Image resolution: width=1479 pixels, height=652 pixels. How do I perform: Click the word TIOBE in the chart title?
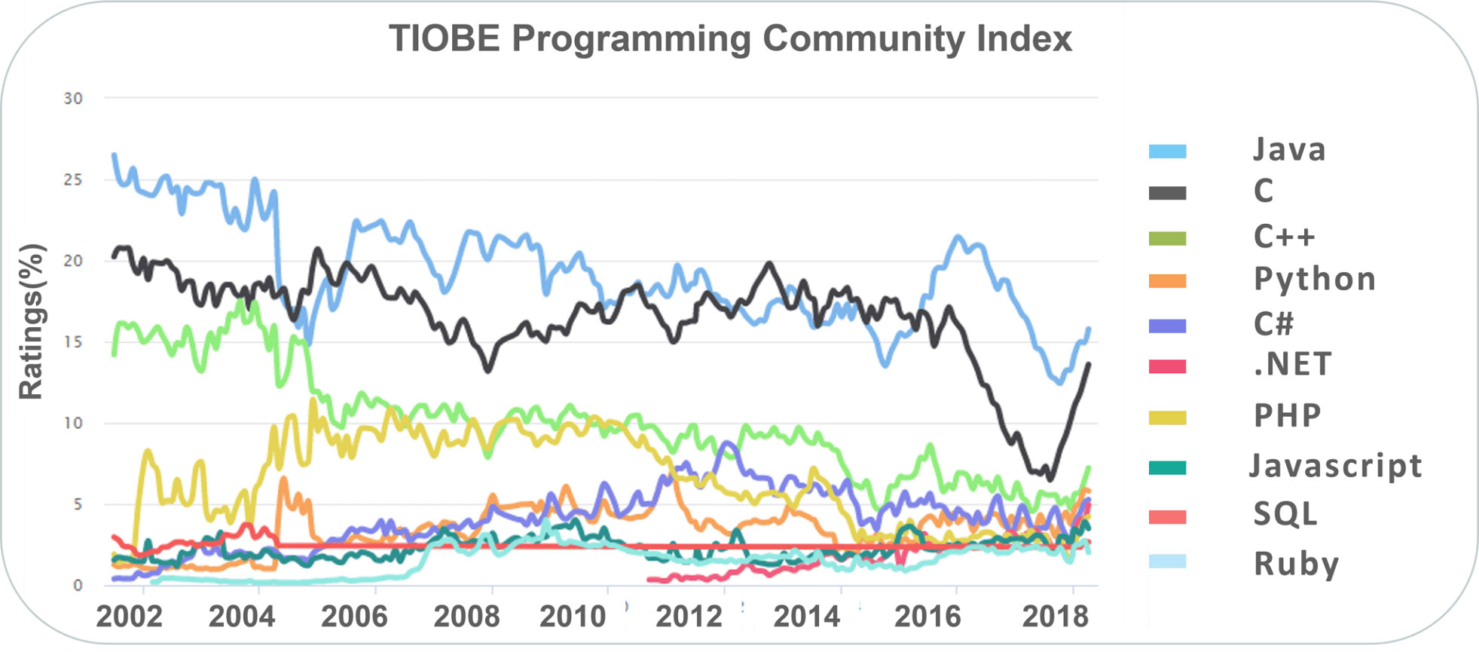443,38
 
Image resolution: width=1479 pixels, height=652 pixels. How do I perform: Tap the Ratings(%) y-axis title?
32,322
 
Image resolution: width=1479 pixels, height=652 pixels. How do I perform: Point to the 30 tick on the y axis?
73,99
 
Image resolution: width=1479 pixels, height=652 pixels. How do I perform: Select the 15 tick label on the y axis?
73,342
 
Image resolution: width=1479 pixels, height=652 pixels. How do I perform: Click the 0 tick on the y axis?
78,586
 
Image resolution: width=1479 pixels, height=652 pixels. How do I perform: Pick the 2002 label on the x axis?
129,617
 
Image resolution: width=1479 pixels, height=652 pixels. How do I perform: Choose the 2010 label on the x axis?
573,617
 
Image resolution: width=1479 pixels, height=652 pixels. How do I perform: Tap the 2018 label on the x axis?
1055,617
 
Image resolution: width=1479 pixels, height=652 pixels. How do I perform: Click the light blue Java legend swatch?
1167,152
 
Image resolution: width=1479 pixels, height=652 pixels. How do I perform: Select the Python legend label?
1315,280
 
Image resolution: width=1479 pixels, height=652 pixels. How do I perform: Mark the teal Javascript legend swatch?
1167,468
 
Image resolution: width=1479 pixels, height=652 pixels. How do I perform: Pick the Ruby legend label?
1296,564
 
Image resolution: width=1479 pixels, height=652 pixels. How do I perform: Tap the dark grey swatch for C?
1167,194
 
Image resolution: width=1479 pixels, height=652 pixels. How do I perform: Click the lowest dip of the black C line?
1050,479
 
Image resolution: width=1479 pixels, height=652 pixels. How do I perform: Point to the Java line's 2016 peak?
958,237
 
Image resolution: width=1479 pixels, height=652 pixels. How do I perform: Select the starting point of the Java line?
114,155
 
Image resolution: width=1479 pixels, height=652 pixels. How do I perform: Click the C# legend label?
1273,324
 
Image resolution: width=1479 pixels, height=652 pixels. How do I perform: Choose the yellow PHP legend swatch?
1167,418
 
